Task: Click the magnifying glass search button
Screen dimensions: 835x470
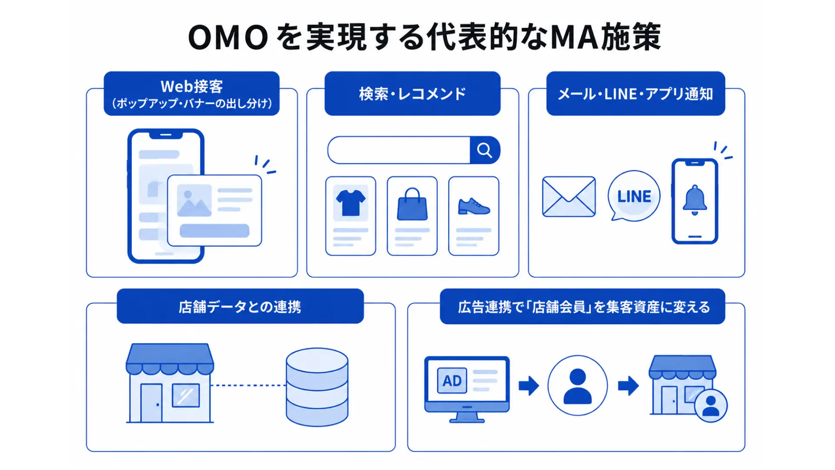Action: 485,150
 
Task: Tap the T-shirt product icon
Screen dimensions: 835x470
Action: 351,203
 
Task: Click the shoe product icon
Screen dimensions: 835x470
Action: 474,206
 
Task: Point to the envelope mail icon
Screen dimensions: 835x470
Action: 569,197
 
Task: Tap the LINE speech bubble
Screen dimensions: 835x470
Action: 634,196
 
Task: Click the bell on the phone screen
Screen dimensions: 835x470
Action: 695,200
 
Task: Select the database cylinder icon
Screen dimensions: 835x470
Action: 317,387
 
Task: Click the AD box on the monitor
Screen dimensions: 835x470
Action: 452,381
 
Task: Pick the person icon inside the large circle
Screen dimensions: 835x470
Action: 578,386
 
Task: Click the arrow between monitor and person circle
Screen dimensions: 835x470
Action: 529,386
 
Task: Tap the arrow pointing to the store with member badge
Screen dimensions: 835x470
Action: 628,386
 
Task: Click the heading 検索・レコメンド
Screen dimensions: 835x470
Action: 412,94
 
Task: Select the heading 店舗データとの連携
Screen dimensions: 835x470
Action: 240,307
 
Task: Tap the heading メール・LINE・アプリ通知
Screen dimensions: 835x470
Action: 635,94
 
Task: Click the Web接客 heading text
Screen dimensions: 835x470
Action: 192,86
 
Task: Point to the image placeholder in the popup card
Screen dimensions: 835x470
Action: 194,200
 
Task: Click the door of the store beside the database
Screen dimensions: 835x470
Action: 151,403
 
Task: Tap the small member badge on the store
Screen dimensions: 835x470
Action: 711,406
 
